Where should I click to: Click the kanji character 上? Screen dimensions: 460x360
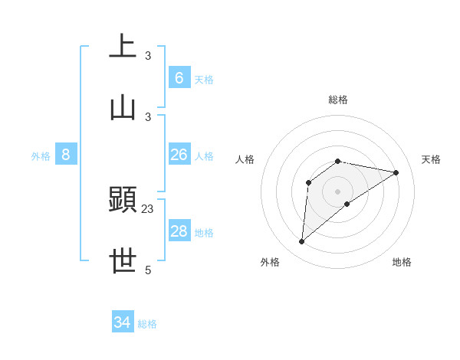tap(123, 46)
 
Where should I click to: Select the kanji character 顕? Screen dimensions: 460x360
tap(123, 200)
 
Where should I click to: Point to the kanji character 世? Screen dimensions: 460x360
tap(123, 260)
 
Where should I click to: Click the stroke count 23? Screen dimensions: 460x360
tap(148, 208)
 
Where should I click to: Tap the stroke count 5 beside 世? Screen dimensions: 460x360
tap(148, 270)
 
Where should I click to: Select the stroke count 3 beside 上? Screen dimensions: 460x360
tap(148, 55)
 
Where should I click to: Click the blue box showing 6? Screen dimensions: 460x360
tap(179, 77)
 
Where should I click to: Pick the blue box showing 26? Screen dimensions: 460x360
tap(179, 155)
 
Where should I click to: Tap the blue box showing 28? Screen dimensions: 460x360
tap(179, 231)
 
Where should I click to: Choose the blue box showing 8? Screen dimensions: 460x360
tap(66, 155)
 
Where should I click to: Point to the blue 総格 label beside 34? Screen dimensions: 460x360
tap(147, 324)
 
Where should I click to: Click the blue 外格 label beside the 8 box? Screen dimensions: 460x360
tap(41, 156)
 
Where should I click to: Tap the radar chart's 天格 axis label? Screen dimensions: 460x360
tap(431, 159)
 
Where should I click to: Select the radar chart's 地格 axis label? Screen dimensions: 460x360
tap(402, 262)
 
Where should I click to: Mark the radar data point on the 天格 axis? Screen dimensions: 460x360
tap(396, 172)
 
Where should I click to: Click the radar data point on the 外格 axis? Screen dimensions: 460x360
tap(301, 242)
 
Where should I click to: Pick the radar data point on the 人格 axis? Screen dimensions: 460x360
tap(309, 182)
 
